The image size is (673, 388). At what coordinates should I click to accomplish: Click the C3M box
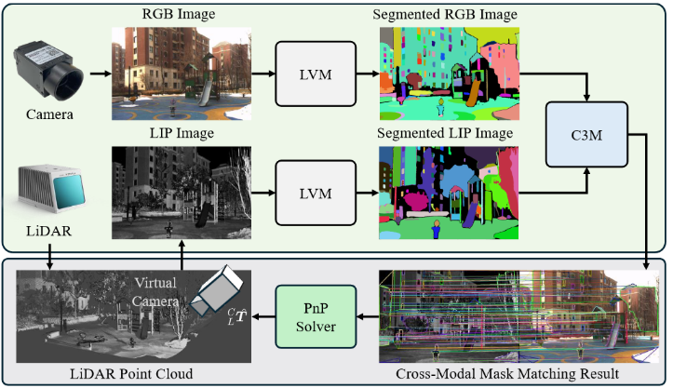pyautogui.click(x=588, y=133)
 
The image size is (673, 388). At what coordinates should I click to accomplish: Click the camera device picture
pyautogui.click(x=48, y=74)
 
